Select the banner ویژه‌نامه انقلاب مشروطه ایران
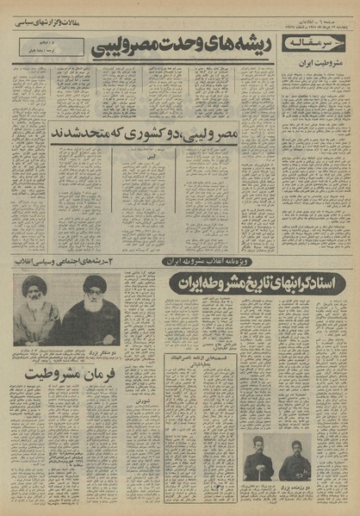pyautogui.click(x=219, y=259)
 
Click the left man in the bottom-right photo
pyautogui.click(x=258, y=461)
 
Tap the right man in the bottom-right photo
pyautogui.click(x=296, y=461)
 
